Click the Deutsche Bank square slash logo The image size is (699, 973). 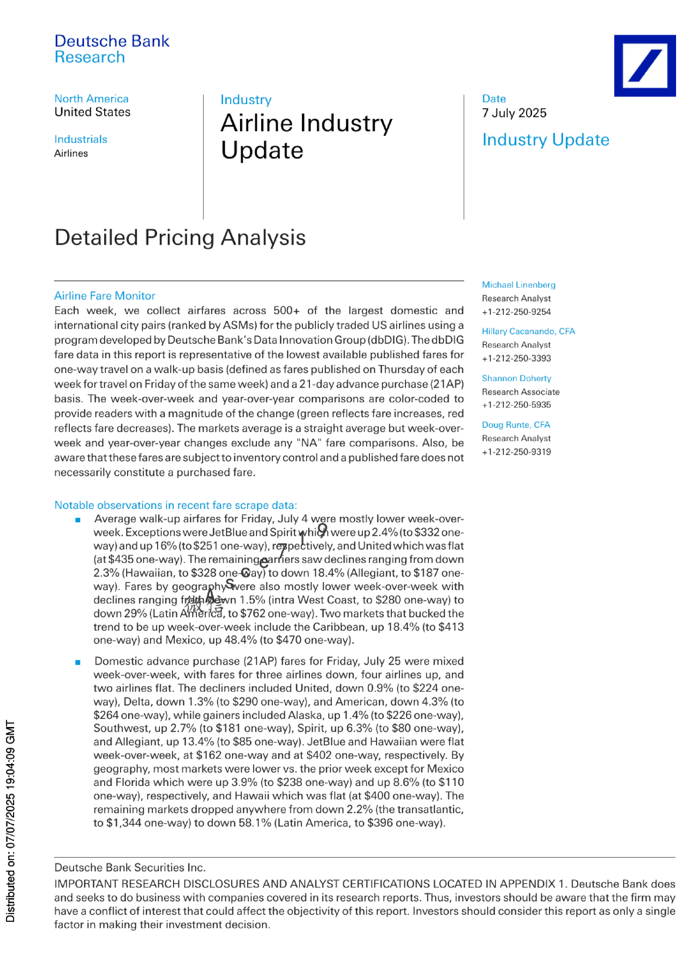(x=644, y=65)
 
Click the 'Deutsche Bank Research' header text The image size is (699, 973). (x=112, y=49)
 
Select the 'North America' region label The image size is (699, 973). (x=91, y=99)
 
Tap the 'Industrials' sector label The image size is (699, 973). (x=81, y=139)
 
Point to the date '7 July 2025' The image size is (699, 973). (x=514, y=113)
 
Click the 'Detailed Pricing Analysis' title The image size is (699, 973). (x=180, y=238)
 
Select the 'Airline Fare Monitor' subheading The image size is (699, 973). (x=105, y=296)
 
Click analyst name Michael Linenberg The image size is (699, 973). (x=518, y=285)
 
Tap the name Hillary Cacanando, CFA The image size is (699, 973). (x=528, y=331)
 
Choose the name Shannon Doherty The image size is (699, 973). (x=517, y=378)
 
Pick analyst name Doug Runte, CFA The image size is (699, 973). (x=516, y=425)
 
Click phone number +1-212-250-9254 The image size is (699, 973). (x=516, y=312)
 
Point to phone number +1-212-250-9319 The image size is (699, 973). (x=516, y=452)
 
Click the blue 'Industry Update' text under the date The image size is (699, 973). (x=545, y=140)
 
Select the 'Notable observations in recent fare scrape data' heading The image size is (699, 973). (x=175, y=505)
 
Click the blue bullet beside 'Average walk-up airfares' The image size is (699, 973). (x=78, y=519)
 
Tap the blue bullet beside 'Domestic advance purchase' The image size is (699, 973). (x=78, y=662)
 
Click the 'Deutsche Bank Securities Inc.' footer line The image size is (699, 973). (x=130, y=868)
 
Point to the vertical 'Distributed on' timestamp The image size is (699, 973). (x=10, y=821)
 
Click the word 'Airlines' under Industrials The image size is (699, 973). (x=71, y=154)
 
